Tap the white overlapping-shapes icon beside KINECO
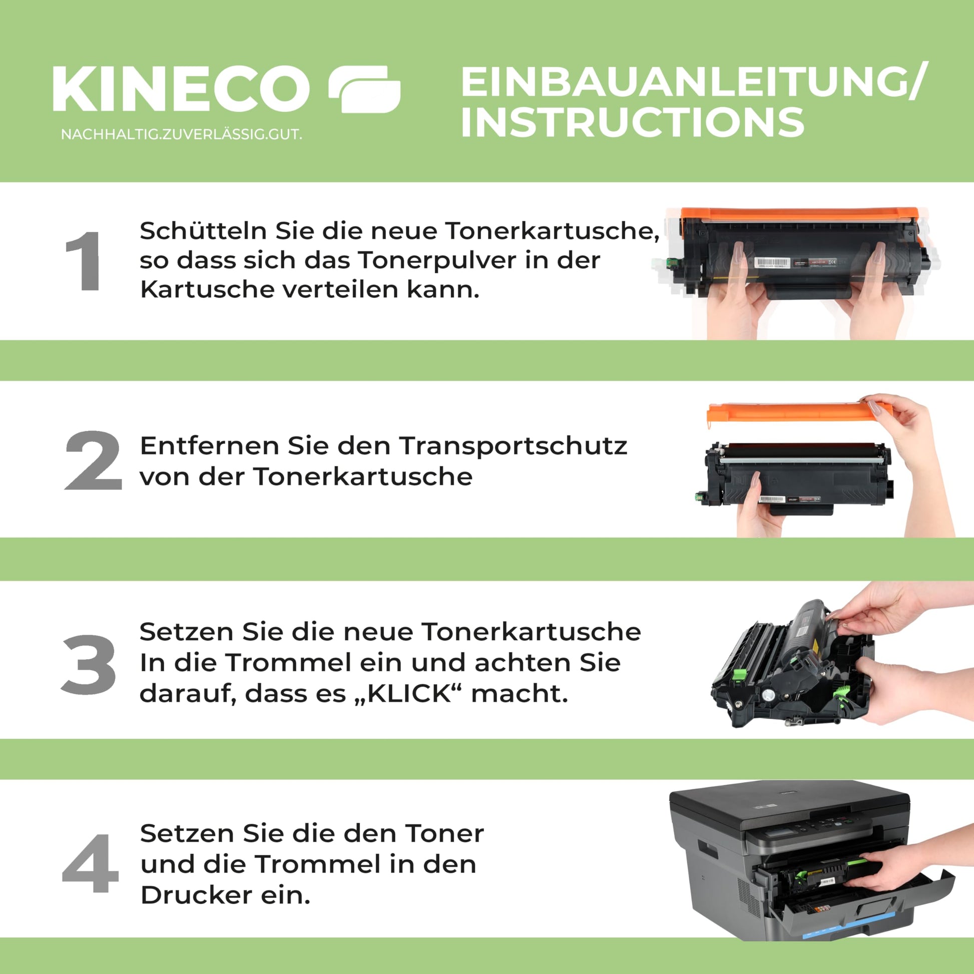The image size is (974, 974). tap(364, 89)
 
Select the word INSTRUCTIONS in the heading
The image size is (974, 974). tap(632, 122)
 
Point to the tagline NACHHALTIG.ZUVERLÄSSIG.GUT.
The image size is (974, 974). tap(182, 135)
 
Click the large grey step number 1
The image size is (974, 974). tap(84, 261)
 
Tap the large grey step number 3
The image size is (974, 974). tap(89, 664)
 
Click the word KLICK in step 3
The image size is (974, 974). tap(409, 694)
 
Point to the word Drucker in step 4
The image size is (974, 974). tap(196, 895)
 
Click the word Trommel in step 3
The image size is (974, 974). tap(289, 663)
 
